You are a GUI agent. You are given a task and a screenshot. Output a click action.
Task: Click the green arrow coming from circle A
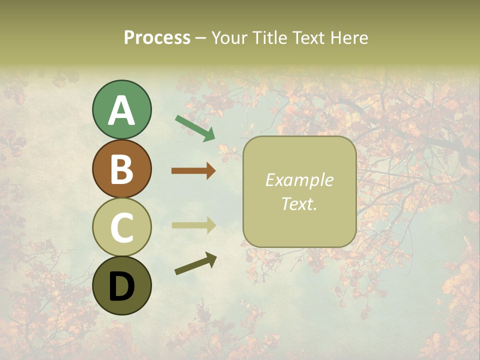[x=195, y=128]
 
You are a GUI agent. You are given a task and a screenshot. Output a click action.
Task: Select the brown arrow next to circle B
[x=193, y=170]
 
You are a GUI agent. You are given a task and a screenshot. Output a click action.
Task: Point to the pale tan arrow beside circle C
[x=193, y=225]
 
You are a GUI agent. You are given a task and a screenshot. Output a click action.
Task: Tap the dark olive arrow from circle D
[x=195, y=263]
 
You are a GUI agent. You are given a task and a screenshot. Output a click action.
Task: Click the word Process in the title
[x=157, y=38]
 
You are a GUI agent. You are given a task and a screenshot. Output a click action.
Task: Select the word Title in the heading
[x=270, y=38]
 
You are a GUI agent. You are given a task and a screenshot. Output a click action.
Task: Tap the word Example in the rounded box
[x=299, y=180]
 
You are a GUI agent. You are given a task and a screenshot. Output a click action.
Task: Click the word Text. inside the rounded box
[x=299, y=203]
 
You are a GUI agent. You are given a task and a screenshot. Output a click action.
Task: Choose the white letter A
[x=121, y=110]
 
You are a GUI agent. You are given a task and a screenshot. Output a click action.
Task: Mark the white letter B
[x=121, y=168]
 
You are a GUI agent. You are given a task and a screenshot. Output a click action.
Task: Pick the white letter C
[x=121, y=227]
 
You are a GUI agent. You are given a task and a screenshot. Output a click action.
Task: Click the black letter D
[x=121, y=286]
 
